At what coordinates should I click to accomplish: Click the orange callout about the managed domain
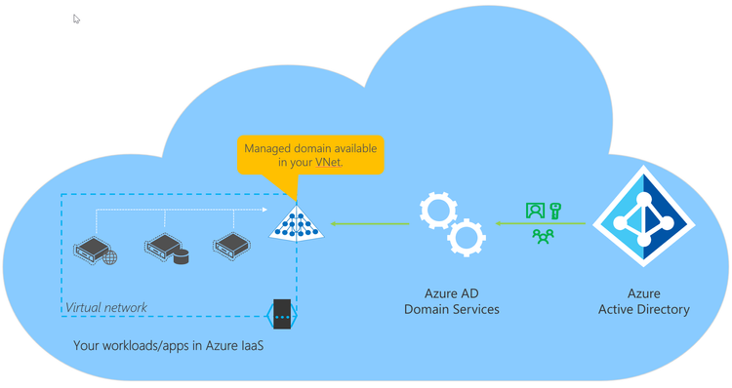(310, 155)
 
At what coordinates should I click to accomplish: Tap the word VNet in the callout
(328, 163)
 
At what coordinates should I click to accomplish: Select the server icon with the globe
(95, 248)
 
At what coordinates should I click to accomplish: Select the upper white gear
(437, 211)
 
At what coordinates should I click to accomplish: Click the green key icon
(555, 210)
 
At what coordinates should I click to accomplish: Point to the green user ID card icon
(535, 210)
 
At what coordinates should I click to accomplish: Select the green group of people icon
(543, 235)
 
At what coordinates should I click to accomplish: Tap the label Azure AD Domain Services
(452, 301)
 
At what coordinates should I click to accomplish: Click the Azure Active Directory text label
(643, 301)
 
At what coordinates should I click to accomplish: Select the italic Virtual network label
(106, 308)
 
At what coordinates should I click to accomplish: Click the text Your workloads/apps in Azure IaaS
(168, 346)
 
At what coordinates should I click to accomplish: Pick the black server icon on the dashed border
(281, 314)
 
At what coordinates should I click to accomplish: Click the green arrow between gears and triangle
(370, 224)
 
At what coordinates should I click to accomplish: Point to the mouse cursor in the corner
(77, 19)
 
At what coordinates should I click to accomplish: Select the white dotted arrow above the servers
(181, 209)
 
